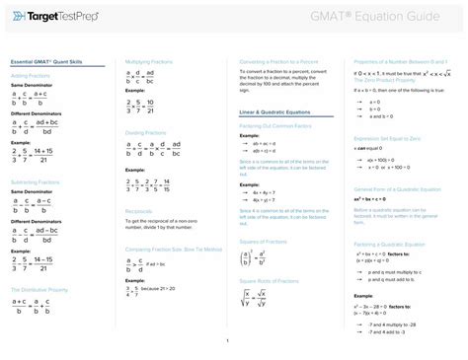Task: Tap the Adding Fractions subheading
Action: [x=31, y=75]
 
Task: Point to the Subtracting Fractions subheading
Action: [x=37, y=183]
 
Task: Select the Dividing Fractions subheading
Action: [x=146, y=131]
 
